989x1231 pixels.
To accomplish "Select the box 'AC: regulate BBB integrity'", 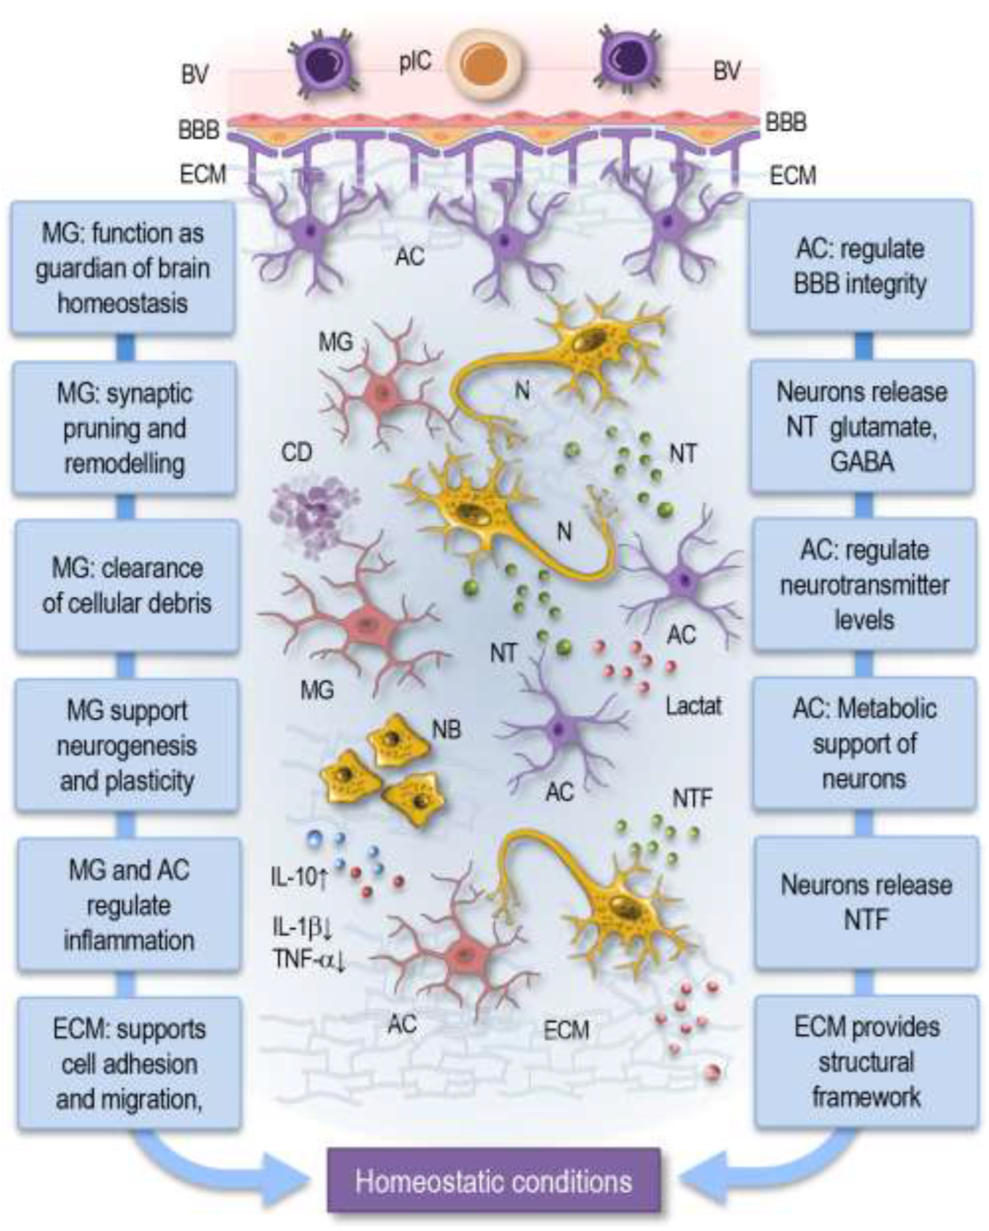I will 861,266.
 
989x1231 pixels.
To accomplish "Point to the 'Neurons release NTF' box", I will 866,902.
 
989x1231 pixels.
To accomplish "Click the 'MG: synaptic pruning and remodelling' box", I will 124,428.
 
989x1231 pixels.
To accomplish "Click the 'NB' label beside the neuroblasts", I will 446,730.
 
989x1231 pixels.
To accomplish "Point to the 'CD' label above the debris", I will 296,453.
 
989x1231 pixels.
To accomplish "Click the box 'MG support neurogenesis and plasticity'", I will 127,746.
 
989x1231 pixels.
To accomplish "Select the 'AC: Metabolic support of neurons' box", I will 864,743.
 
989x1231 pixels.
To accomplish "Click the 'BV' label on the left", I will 195,75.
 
